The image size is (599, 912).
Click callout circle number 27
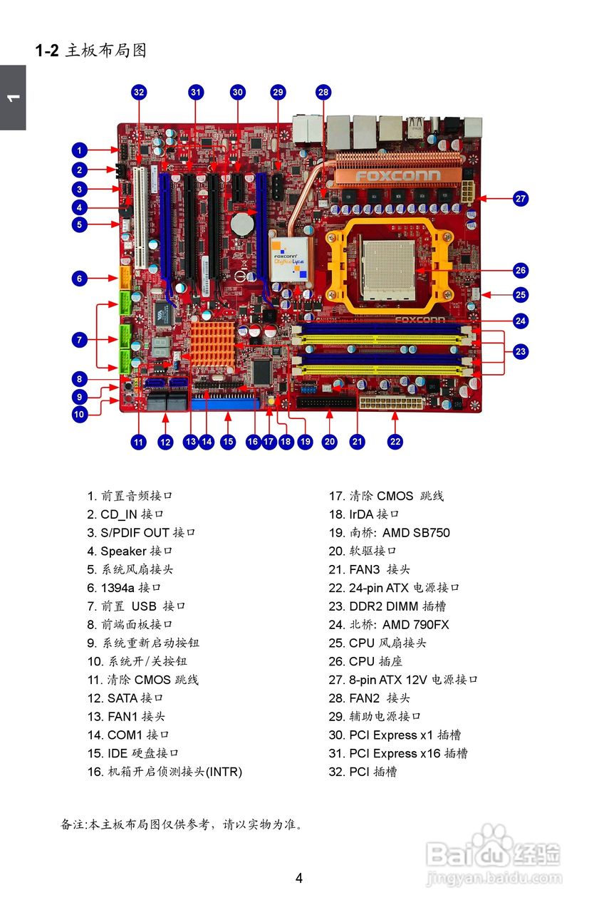pyautogui.click(x=521, y=199)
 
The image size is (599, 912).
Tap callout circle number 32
pyautogui.click(x=139, y=92)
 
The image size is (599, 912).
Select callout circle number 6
pyautogui.click(x=80, y=278)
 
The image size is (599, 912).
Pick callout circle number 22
pyautogui.click(x=395, y=442)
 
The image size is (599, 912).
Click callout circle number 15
pyautogui.click(x=228, y=442)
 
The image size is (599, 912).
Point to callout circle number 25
pyautogui.click(x=521, y=294)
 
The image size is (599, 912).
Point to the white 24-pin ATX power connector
pyautogui.click(x=392, y=404)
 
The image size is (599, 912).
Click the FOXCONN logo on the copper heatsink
pyautogui.click(x=398, y=175)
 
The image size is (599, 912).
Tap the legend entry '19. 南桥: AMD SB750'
pyautogui.click(x=389, y=533)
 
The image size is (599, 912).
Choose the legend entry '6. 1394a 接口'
pyautogui.click(x=125, y=588)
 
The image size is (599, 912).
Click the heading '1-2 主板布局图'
pyautogui.click(x=90, y=51)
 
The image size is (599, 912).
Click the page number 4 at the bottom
pyautogui.click(x=299, y=878)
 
